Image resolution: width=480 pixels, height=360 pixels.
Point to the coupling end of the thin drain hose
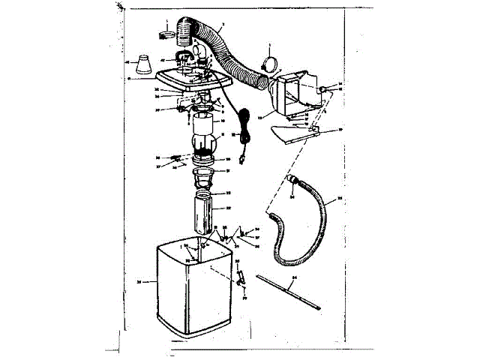(293, 183)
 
